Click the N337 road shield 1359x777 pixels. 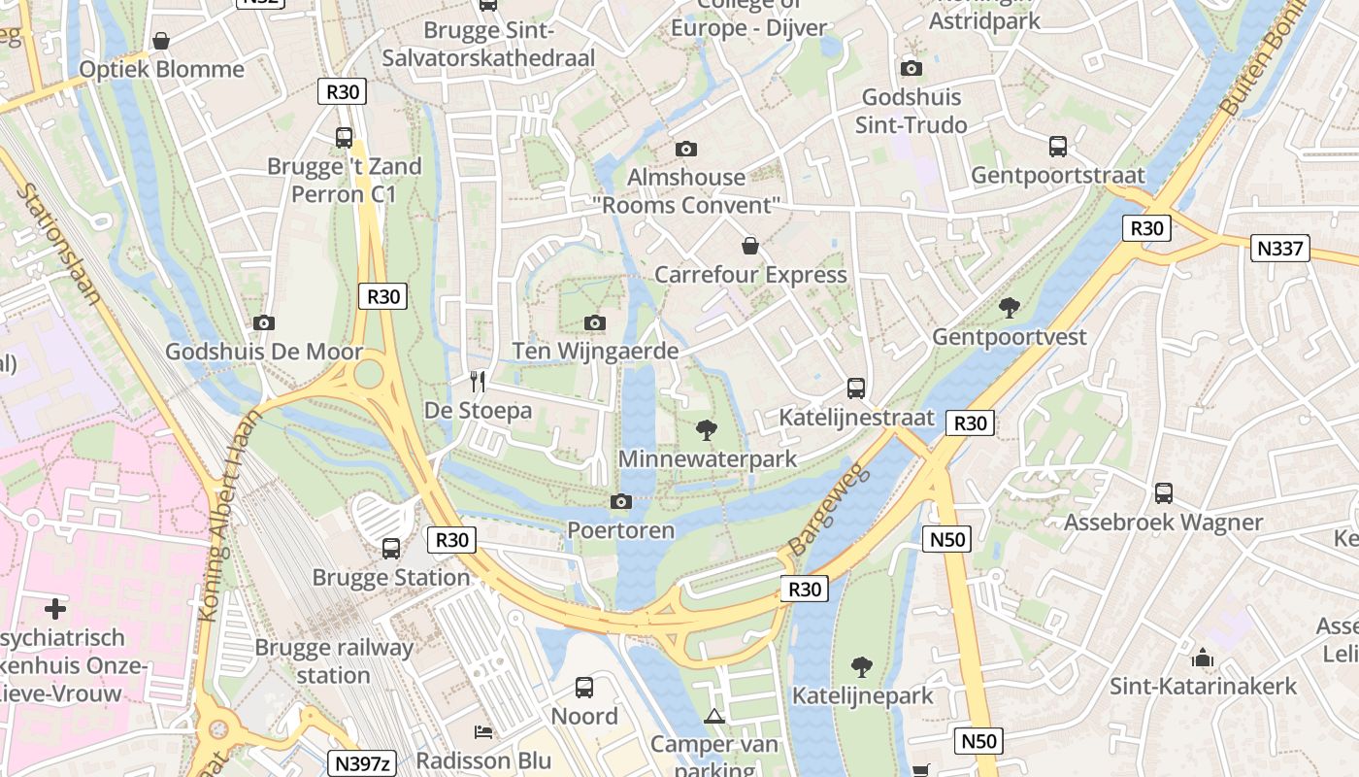(1280, 249)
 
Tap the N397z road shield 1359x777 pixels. (361, 763)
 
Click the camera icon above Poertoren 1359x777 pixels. (620, 501)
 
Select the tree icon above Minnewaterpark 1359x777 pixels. (708, 429)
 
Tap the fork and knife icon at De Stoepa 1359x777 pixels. (477, 381)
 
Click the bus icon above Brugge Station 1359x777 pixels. (391, 549)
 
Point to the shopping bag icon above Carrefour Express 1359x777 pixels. (749, 246)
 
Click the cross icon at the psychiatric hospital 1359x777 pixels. (55, 609)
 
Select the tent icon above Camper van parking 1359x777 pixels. (714, 717)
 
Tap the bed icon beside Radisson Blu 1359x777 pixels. (482, 731)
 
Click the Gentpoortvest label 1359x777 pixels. (1010, 337)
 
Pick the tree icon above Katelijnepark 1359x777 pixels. (861, 667)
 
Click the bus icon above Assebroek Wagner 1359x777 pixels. (1164, 493)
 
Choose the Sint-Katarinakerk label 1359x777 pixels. (1203, 687)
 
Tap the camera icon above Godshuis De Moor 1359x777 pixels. (263, 322)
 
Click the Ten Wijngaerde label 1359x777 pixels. (595, 351)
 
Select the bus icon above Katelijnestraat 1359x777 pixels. (856, 388)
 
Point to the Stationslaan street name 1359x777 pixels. (58, 243)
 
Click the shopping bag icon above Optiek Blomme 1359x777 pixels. (161, 41)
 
